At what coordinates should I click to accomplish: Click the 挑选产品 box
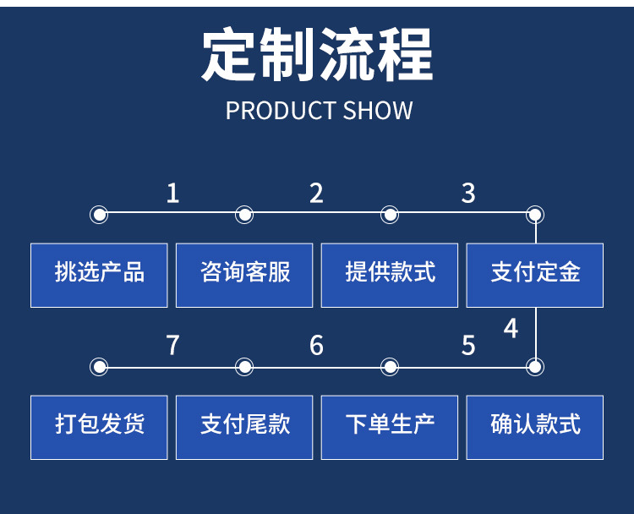pos(100,275)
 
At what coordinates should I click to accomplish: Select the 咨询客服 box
pos(245,275)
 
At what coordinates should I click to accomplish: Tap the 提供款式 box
pos(390,275)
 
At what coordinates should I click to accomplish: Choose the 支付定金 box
pos(535,275)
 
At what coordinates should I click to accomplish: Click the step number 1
pos(172,194)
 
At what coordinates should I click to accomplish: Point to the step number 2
pos(316,194)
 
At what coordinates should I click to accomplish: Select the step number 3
pos(468,194)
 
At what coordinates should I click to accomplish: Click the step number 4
pos(511,328)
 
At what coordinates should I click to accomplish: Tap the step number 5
pos(468,345)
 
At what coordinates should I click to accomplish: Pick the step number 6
pos(316,345)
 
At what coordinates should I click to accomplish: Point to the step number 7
pos(172,345)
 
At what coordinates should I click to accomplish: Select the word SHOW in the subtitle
pos(378,111)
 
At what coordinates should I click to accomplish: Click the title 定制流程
pos(317,55)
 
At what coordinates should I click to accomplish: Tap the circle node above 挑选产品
pos(100,215)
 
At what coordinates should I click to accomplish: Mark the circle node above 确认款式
pos(535,367)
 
